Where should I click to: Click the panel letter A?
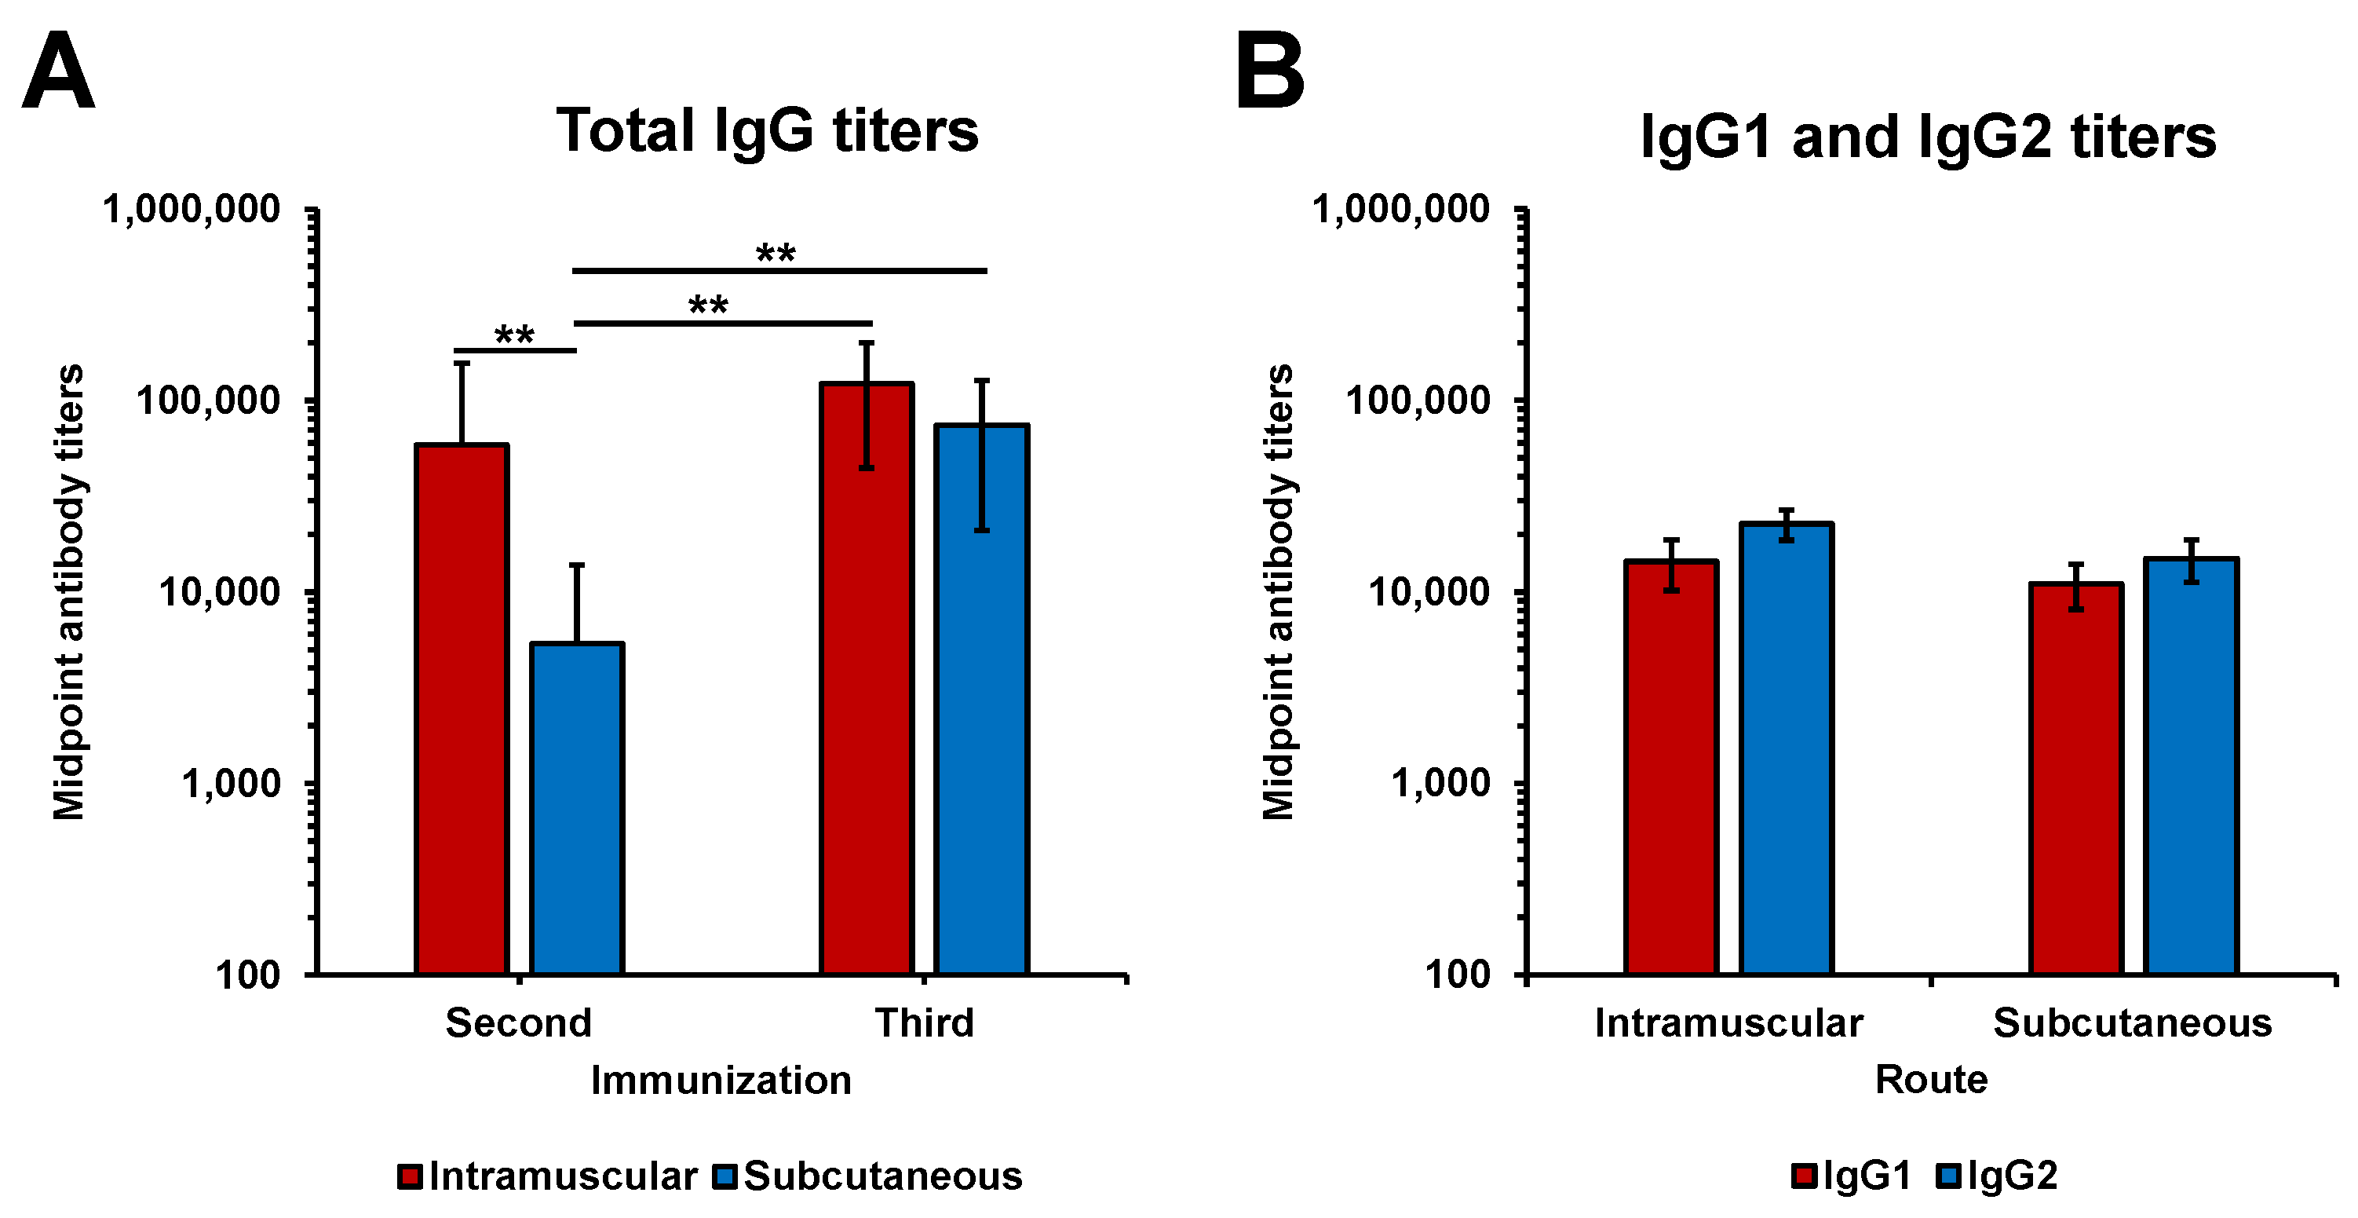[x=57, y=71]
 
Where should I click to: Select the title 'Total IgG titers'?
[x=767, y=130]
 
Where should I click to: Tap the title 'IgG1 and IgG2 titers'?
[x=1928, y=137]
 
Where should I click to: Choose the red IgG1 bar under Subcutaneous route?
[x=2076, y=778]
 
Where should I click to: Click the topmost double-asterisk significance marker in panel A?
[x=776, y=254]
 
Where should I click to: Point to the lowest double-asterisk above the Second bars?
[x=514, y=335]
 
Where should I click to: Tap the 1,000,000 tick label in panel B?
[x=1401, y=210]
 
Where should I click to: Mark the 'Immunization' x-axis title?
[x=721, y=1081]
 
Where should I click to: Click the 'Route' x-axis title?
[x=1932, y=1080]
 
